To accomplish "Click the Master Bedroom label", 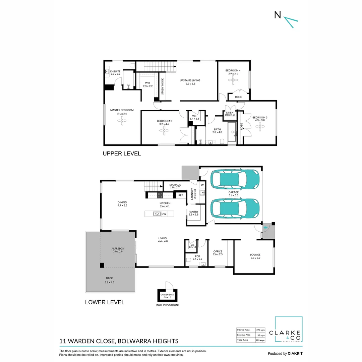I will [x=122, y=110].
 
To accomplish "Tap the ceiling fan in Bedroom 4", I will [x=233, y=79].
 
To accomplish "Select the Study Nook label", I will [x=163, y=86].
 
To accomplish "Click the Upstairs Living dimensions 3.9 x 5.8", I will [x=190, y=84].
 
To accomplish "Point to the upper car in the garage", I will [x=235, y=179].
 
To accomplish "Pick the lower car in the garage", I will [x=235, y=208].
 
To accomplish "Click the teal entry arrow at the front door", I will [x=265, y=228].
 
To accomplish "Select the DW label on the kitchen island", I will [x=164, y=214].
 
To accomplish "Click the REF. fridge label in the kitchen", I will [x=181, y=195].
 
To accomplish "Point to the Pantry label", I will [x=193, y=212].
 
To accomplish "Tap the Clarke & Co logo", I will [x=289, y=330].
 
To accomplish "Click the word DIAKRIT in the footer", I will [x=295, y=353].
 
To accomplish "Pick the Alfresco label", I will [x=118, y=248].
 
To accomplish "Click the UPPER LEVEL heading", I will [x=122, y=154].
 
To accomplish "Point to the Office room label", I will [x=218, y=251].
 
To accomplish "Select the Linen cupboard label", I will [x=230, y=113].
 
